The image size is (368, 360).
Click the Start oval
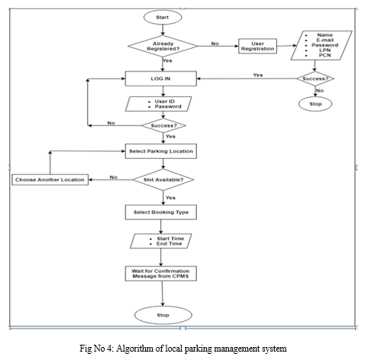pos(163,18)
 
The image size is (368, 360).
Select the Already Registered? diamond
pos(163,46)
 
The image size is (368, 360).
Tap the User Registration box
pos(257,46)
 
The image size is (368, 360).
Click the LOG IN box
pos(161,79)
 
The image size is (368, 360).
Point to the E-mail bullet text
pos(324,40)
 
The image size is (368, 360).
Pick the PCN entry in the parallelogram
pos(324,55)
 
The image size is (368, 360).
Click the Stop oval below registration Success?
pos(315,104)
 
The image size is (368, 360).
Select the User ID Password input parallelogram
pos(159,104)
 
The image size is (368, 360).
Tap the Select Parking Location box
pos(161,151)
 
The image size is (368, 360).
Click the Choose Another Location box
pos(50,180)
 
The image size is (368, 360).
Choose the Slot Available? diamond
pos(163,180)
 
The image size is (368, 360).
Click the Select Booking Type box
pos(161,212)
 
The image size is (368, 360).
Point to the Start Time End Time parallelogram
pos(161,241)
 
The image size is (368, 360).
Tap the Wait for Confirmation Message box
pos(161,274)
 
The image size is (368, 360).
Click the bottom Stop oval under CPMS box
pos(163,315)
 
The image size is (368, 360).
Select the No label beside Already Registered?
pos(215,44)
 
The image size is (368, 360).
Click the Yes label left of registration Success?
pos(258,75)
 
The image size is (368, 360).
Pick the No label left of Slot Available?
pos(114,177)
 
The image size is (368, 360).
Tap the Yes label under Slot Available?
pos(170,198)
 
